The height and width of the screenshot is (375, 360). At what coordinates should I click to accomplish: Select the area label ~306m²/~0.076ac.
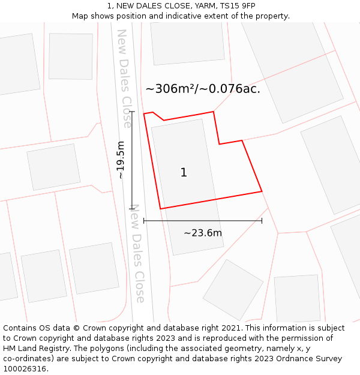[x=203, y=89]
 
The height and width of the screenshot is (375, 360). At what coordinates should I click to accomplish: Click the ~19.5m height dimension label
[x=121, y=160]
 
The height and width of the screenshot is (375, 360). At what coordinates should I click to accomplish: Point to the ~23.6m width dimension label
[x=203, y=233]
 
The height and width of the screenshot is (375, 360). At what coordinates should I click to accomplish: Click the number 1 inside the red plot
[x=184, y=173]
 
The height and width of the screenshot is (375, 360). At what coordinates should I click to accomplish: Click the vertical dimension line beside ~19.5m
[x=132, y=160]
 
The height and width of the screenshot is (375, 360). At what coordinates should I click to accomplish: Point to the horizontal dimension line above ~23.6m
[x=203, y=221]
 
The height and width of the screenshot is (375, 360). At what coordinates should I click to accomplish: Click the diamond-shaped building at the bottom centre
[x=233, y=289]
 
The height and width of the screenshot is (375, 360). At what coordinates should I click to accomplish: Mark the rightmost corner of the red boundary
[x=262, y=191]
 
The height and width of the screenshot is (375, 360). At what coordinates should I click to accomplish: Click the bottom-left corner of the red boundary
[x=160, y=209]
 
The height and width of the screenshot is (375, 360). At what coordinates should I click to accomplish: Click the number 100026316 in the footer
[x=25, y=368]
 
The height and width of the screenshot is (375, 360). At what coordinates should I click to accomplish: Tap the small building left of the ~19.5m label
[x=53, y=167]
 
